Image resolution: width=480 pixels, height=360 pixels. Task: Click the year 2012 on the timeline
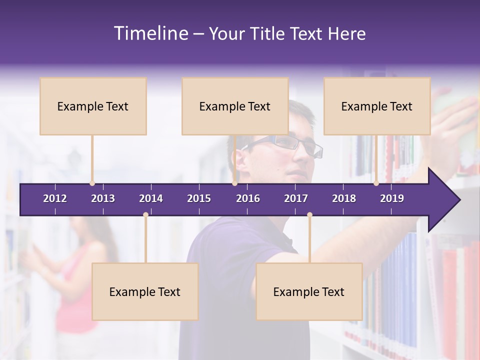coord(55,198)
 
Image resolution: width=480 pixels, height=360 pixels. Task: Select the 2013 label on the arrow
coord(103,198)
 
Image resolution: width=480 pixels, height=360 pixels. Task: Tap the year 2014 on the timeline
coord(151,198)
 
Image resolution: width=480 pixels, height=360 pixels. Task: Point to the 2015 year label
coord(199,198)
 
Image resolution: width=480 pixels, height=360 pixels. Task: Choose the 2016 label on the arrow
coord(248,198)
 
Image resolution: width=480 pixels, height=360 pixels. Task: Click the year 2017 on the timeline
coord(296,198)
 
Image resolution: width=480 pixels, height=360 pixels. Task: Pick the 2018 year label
coord(344,198)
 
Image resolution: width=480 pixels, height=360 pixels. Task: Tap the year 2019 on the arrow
coord(392,198)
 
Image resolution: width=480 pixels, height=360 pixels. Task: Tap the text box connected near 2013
coord(93,106)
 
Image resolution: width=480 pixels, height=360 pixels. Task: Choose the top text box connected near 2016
coord(235,106)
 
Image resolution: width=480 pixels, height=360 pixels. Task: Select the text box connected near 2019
coord(377,106)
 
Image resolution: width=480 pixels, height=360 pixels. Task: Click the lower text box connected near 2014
coord(145,291)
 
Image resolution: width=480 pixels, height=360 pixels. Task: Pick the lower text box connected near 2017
coord(309,291)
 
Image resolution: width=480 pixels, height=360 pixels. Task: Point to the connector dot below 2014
coord(145,215)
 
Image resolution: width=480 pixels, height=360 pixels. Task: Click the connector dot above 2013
coord(92,183)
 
